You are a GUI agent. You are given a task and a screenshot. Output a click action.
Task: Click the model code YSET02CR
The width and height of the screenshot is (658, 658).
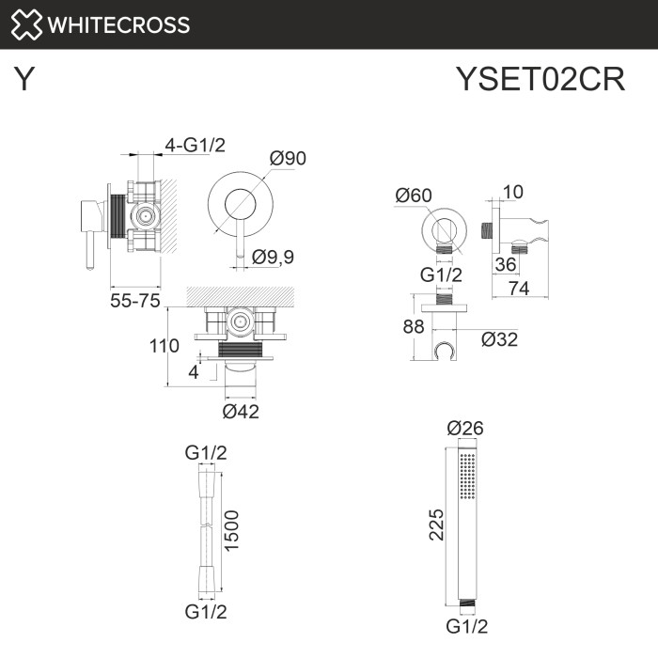(x=540, y=80)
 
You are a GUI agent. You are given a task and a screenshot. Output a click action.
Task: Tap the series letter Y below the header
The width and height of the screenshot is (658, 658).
(x=25, y=80)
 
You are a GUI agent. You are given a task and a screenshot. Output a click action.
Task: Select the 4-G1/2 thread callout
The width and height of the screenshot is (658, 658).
(x=196, y=145)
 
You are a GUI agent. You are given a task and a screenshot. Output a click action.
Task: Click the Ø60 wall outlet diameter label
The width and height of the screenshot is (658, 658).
(x=414, y=196)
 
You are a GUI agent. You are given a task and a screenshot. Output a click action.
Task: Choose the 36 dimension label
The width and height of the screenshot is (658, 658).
(x=506, y=266)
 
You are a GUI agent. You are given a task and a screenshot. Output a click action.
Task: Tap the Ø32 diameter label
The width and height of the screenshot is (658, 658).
(x=500, y=339)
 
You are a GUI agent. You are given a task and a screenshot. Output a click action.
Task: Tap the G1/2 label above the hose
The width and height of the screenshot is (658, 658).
(x=205, y=453)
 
